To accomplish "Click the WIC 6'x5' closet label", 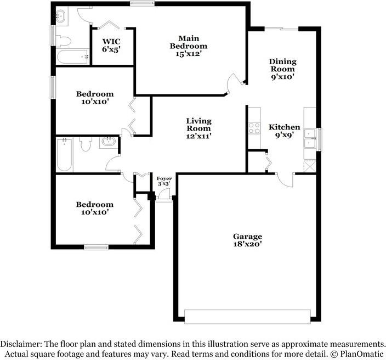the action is [x=111, y=46].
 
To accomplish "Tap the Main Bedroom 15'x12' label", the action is [x=189, y=46].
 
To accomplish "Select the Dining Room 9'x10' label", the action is [x=282, y=69].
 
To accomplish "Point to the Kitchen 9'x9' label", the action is [x=285, y=131].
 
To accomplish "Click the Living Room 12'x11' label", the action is [x=198, y=128].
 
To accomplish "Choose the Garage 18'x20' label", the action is [x=247, y=240].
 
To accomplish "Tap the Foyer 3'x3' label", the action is [x=164, y=181].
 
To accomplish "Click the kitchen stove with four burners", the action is [x=254, y=128].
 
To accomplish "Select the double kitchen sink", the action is [x=310, y=138].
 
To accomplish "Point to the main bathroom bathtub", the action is [x=73, y=57].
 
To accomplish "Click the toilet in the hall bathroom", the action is [x=86, y=144].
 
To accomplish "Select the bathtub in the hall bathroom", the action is [x=64, y=155].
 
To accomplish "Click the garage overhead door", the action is [x=247, y=317].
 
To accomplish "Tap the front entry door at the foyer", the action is [x=164, y=195].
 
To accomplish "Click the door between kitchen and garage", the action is [x=285, y=179].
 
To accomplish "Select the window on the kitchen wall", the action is [x=319, y=139].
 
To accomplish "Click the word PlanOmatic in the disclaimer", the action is [x=362, y=354].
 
